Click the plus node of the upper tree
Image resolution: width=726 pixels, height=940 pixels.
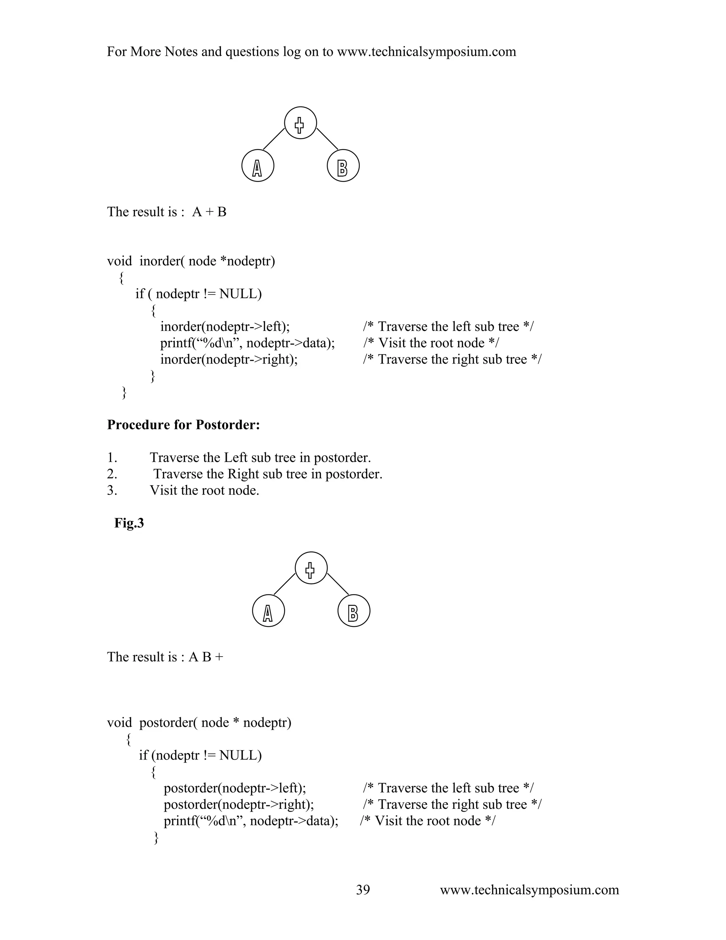click(300, 123)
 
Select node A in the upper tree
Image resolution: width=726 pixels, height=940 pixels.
click(258, 166)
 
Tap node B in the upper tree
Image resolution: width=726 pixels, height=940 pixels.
click(343, 166)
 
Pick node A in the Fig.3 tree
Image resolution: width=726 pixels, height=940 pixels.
click(268, 611)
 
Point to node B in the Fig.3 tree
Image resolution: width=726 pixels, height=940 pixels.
click(353, 611)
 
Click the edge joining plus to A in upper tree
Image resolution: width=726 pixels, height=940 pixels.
click(274, 139)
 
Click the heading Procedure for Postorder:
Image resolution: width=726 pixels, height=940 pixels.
click(183, 425)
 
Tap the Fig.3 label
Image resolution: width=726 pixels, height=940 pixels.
click(129, 523)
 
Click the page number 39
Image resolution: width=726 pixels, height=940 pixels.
click(363, 890)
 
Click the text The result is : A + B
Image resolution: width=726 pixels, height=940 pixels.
click(167, 212)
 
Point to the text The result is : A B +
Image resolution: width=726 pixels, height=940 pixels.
click(165, 657)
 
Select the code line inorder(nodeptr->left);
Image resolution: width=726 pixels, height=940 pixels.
click(225, 327)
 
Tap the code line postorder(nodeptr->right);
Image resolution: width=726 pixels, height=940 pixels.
click(239, 804)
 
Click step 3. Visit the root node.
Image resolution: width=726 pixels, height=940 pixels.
click(204, 490)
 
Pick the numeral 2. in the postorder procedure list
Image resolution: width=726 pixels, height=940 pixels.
click(112, 474)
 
